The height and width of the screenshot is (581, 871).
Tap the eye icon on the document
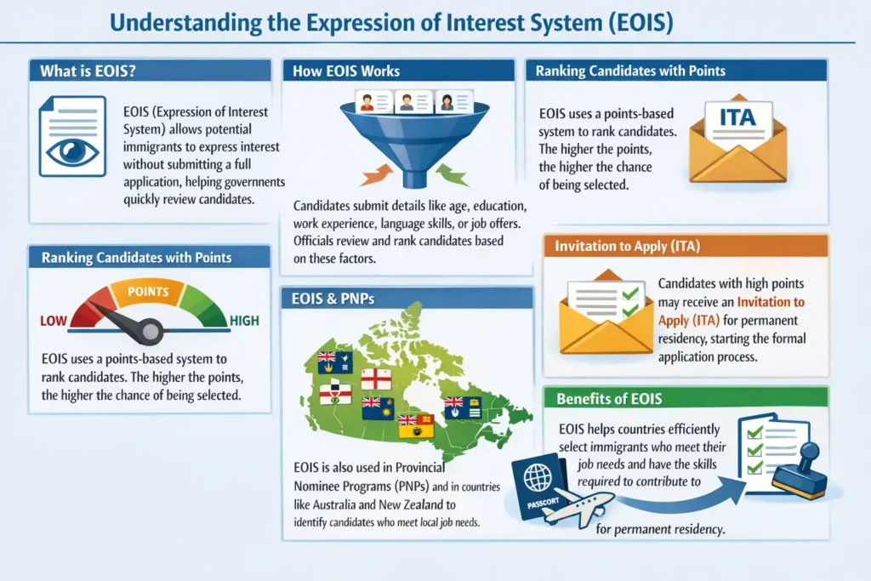point(72,151)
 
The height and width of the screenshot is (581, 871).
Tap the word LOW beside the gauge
point(54,322)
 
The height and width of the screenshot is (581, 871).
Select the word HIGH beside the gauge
point(243,322)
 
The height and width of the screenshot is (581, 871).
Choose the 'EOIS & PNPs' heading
point(333,299)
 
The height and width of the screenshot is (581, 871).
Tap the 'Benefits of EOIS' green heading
point(608,398)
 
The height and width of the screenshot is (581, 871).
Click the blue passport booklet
point(538,488)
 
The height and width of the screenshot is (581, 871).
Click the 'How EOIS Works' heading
point(346,71)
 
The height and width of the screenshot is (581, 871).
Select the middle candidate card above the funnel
point(407,103)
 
